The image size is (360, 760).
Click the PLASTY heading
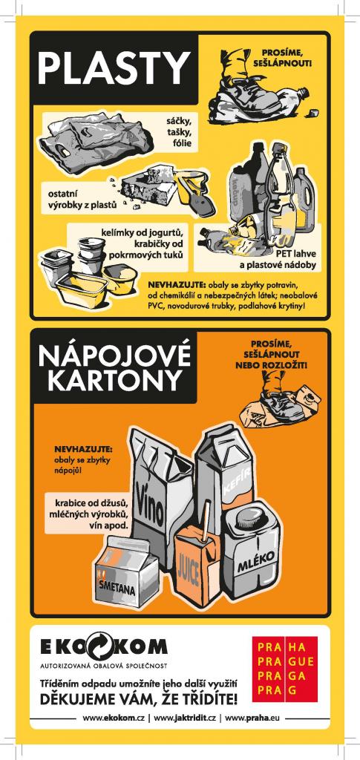114,68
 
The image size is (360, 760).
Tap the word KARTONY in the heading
114,381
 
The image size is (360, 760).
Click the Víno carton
160,494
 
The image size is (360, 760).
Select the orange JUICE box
193,567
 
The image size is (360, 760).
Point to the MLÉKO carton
251,552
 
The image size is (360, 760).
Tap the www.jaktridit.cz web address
185,718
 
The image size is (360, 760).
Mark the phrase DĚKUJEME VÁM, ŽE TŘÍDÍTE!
139,699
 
